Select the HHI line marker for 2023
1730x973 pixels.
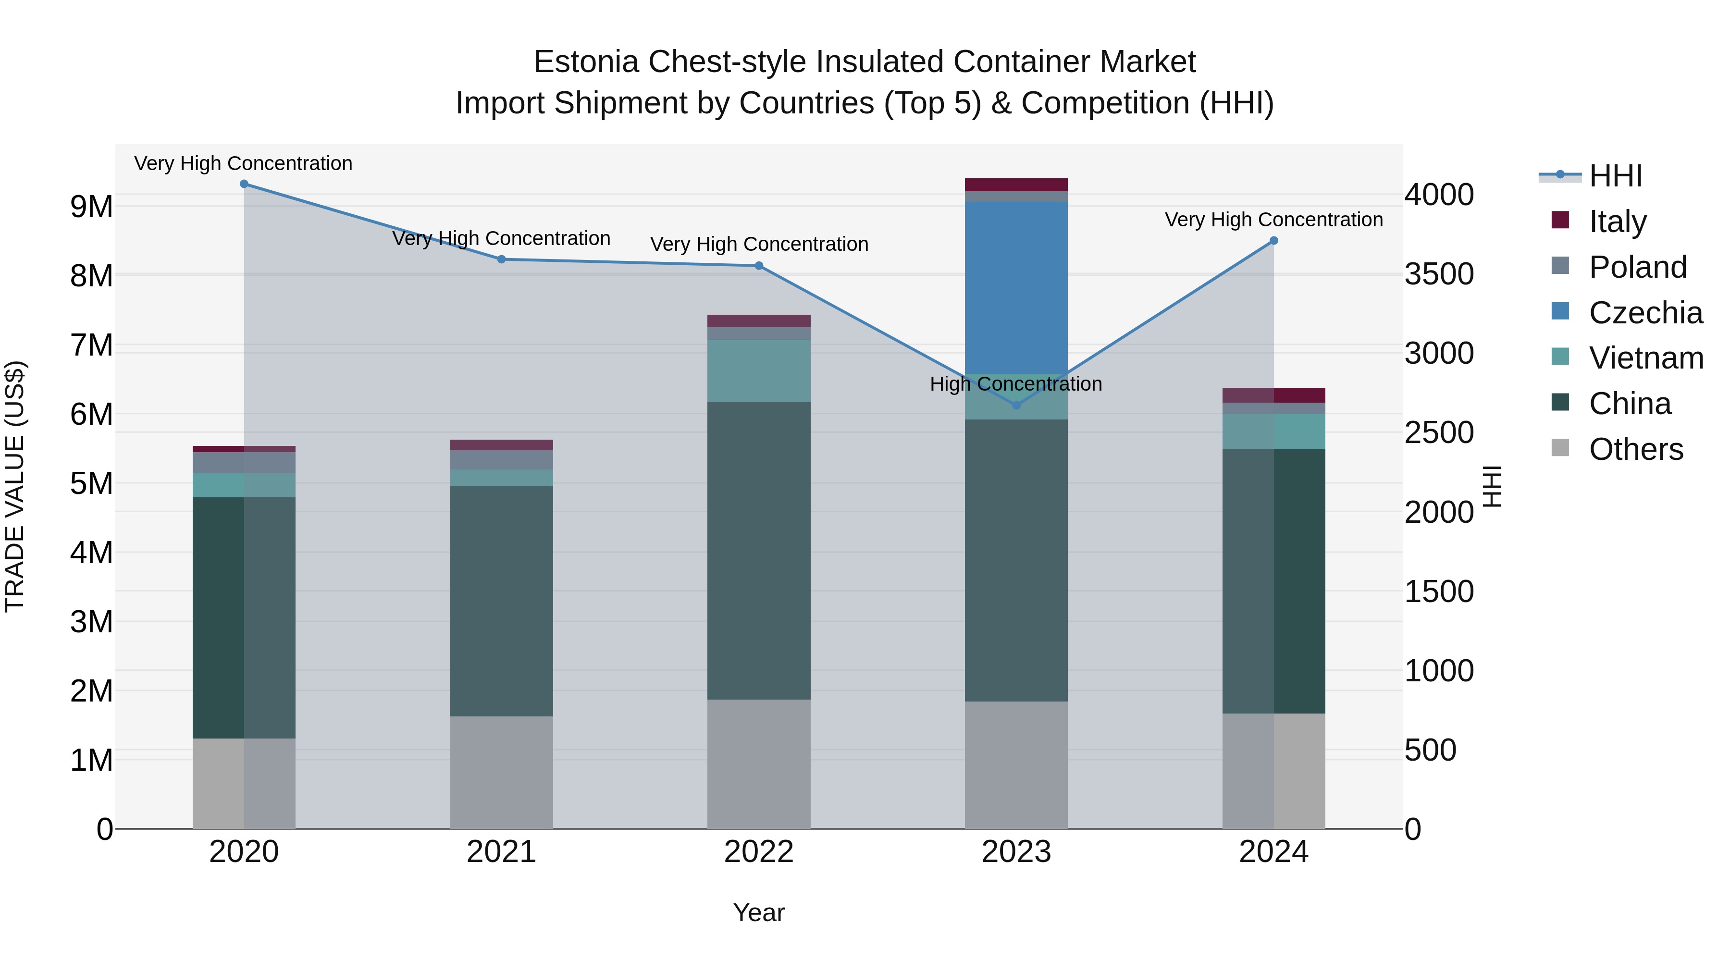tap(1016, 405)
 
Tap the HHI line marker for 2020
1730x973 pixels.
tap(244, 184)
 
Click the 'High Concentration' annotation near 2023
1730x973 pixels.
tap(1015, 384)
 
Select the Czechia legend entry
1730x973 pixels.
tap(1645, 313)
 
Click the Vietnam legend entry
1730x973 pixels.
tap(1645, 358)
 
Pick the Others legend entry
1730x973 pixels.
tap(1635, 449)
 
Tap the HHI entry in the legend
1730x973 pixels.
tap(1615, 176)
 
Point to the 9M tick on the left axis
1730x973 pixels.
tap(91, 207)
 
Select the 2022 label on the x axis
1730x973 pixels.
tap(759, 852)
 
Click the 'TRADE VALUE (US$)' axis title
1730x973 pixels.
tap(15, 486)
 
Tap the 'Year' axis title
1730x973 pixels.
tap(759, 912)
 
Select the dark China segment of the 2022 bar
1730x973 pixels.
tap(759, 551)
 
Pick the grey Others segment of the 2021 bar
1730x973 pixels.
tap(501, 772)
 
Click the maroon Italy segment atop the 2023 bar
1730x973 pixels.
tap(1015, 185)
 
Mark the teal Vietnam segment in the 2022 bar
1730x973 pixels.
tap(759, 370)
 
